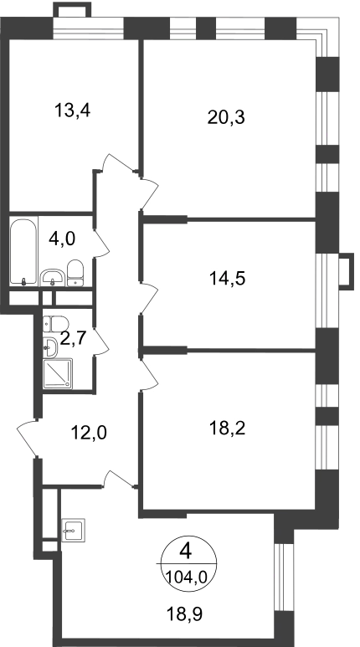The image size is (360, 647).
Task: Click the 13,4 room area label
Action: (x=72, y=111)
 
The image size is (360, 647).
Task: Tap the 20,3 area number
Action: (x=226, y=118)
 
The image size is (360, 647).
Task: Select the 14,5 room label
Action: (x=227, y=279)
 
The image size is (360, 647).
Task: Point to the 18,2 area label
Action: (x=227, y=429)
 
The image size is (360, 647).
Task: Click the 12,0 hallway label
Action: (x=89, y=433)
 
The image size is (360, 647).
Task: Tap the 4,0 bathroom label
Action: (x=62, y=239)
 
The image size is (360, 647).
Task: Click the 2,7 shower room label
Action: (x=73, y=338)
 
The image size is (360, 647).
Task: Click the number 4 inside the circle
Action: (x=186, y=552)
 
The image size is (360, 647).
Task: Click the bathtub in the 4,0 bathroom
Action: (x=23, y=251)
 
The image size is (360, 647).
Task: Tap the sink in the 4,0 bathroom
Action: (x=53, y=278)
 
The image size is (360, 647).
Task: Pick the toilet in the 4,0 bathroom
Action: (x=75, y=273)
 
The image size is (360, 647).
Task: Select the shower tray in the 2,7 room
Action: (x=58, y=373)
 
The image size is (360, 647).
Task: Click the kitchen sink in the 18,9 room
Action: (x=73, y=530)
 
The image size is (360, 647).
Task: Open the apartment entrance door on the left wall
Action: (x=28, y=439)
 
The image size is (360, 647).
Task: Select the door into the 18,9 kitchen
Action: (x=120, y=479)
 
